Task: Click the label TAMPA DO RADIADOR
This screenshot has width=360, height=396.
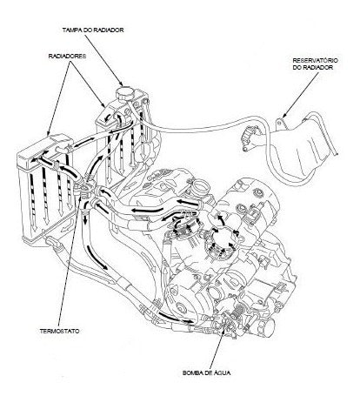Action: pos(93,30)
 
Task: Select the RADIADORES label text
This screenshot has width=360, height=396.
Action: pos(67,56)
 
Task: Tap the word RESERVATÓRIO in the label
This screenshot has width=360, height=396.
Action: pos(316,60)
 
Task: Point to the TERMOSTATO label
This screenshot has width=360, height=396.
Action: pos(59,331)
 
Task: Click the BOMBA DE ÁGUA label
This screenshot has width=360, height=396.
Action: pos(207,373)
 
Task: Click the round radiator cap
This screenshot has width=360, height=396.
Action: pos(125,93)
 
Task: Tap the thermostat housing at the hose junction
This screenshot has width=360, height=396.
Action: pos(84,190)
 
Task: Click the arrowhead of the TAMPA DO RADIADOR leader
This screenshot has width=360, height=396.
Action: pos(122,84)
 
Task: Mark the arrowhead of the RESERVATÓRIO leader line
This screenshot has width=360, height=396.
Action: pos(284,116)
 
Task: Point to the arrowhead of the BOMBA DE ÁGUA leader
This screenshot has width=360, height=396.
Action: pos(223,328)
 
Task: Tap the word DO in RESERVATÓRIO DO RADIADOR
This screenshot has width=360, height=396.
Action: pos(297,67)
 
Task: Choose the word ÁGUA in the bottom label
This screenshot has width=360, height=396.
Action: pos(222,373)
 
